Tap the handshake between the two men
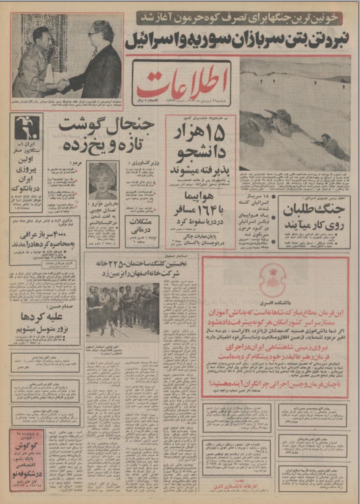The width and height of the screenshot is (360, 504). click(64, 84)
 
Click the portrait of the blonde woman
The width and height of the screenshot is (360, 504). click(102, 180)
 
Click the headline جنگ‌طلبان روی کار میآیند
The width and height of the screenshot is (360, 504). click(314, 216)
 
